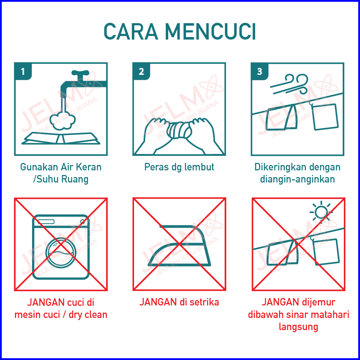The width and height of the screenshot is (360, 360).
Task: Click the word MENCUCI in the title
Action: [210, 32]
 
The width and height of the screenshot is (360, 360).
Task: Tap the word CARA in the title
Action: [131, 32]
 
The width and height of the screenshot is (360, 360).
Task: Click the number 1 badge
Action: [23, 72]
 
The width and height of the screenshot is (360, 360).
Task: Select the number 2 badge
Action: [141, 72]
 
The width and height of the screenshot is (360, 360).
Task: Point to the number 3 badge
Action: [260, 72]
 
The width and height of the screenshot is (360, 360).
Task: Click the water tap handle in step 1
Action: [80, 73]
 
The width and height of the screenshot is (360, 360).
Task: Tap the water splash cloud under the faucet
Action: [62, 121]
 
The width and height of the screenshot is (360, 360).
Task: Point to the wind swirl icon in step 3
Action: [290, 84]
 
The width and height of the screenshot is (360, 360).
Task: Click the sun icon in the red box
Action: [321, 212]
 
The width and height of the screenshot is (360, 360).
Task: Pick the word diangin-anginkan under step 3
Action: [297, 179]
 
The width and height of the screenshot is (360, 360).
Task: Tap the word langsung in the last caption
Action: [298, 327]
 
